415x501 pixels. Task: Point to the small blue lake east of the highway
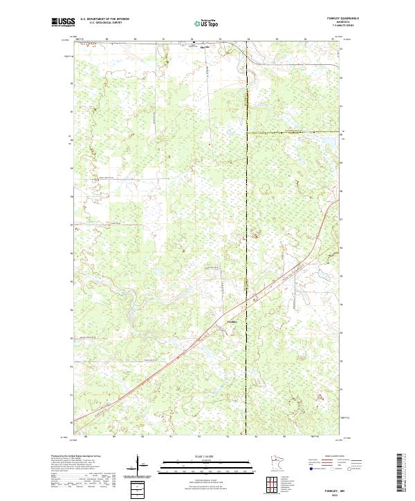click(321, 274)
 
